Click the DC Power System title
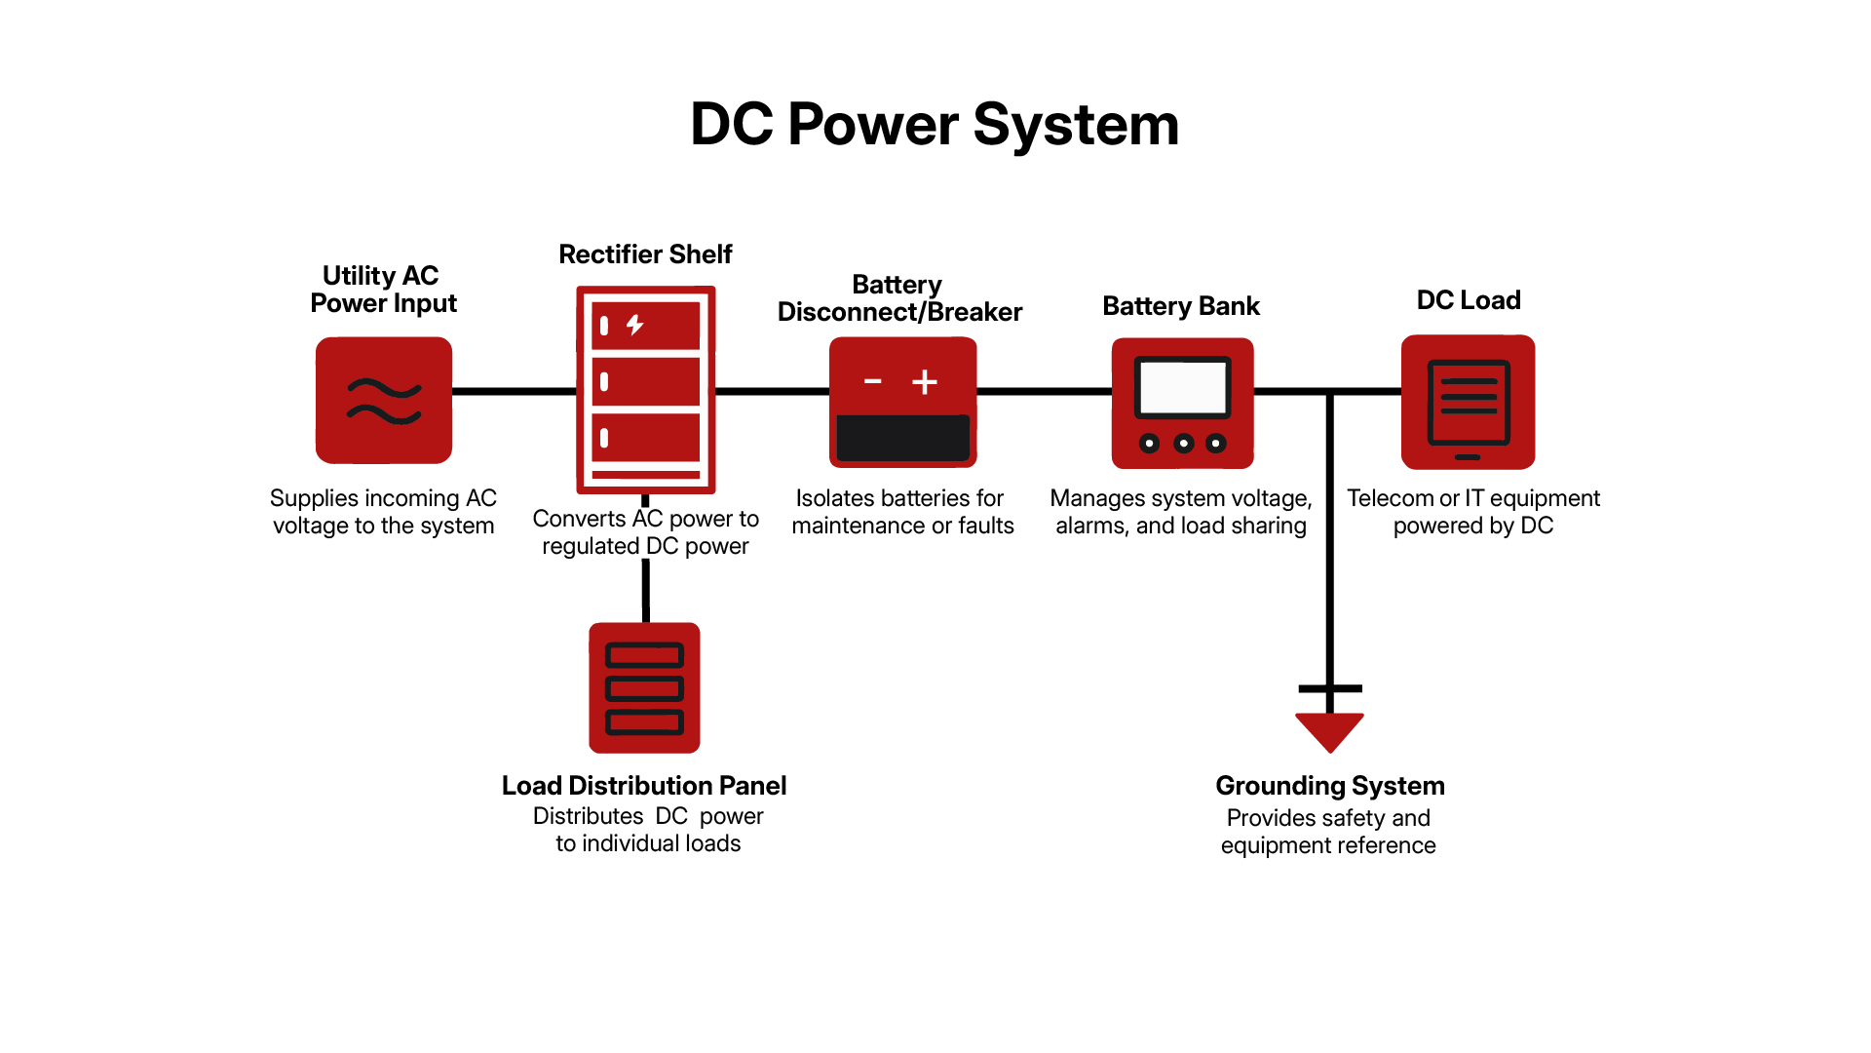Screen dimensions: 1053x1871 coord(935,125)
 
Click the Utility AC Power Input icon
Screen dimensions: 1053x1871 coord(384,400)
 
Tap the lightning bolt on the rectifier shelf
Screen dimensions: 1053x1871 coord(635,325)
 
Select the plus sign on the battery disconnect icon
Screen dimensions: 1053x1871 coord(925,381)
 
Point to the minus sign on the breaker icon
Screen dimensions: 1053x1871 coord(873,381)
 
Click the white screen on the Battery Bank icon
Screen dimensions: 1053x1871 coord(1183,387)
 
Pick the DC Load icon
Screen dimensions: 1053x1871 coord(1468,402)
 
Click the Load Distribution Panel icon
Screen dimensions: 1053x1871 coord(644,687)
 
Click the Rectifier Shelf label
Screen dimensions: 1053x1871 coord(645,254)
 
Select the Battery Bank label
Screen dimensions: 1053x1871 coord(1181,306)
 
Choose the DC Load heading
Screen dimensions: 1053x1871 coord(1469,300)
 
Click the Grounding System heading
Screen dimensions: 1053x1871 coord(1330,786)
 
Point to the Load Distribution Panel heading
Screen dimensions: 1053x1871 coord(644,786)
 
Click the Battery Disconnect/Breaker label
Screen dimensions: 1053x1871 coord(899,298)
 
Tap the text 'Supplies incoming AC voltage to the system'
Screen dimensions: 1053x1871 coord(383,512)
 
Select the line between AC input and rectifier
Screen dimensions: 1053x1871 coord(514,391)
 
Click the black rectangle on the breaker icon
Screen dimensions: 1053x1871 coord(902,438)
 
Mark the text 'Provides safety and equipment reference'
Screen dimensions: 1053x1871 coord(1328,832)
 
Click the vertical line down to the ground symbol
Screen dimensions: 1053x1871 coord(1329,546)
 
